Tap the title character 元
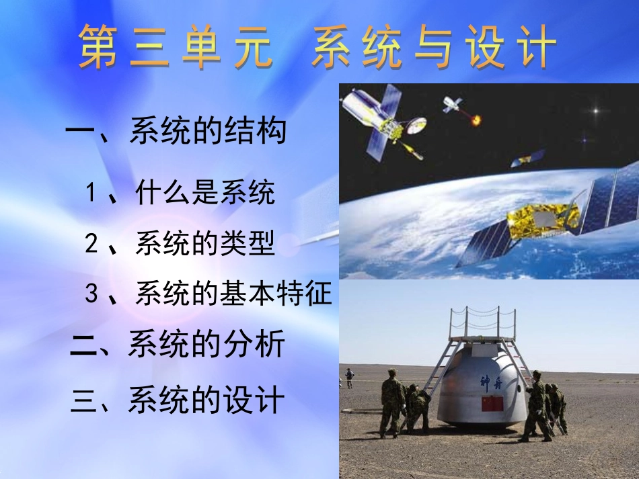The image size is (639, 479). pyautogui.click(x=254, y=47)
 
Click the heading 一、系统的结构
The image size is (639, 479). pyautogui.click(x=176, y=130)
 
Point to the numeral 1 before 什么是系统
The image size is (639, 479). pyautogui.click(x=92, y=193)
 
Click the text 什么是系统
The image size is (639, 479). pyautogui.click(x=205, y=193)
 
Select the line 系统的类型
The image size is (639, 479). pyautogui.click(x=205, y=243)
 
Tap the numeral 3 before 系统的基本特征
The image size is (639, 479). pyautogui.click(x=92, y=294)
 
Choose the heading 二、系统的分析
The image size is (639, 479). pyautogui.click(x=178, y=345)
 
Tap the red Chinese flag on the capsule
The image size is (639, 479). pyautogui.click(x=492, y=404)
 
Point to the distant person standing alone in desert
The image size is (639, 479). pyautogui.click(x=349, y=378)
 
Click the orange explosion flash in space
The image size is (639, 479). pyautogui.click(x=476, y=120)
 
